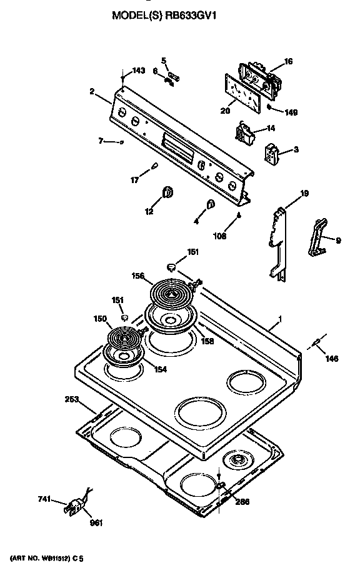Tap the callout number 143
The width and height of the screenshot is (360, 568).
coord(139,71)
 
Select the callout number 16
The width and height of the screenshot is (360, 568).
coord(288,61)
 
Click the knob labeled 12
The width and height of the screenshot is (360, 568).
coord(167,192)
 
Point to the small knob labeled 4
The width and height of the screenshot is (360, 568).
coord(210,204)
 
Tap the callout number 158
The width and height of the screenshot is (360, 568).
coord(207,341)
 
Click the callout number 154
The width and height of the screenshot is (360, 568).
coord(161,369)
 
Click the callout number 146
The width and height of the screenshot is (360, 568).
coord(332,359)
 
